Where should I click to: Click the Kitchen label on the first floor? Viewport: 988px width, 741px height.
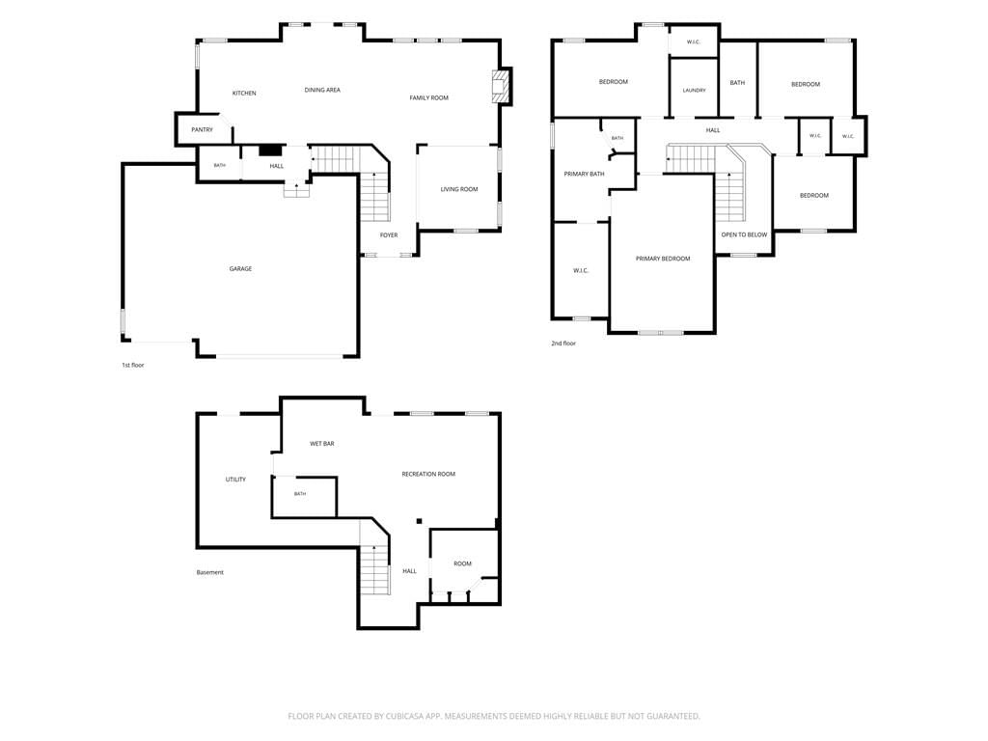(x=244, y=94)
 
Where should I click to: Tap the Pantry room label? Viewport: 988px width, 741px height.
(x=203, y=130)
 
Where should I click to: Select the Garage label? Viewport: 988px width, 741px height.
(x=240, y=269)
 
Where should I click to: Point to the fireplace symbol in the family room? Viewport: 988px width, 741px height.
(x=500, y=86)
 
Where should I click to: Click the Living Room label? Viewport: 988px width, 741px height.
(x=458, y=190)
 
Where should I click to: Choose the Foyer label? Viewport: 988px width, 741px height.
(x=389, y=235)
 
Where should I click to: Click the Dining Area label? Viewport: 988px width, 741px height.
(x=322, y=90)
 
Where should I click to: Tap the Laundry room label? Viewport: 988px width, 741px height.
(x=694, y=91)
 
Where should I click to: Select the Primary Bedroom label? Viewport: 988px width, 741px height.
(x=663, y=259)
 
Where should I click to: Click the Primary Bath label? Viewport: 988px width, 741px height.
(x=584, y=174)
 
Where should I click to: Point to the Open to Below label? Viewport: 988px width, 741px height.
(x=744, y=235)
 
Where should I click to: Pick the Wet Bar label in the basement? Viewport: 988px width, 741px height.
(x=322, y=444)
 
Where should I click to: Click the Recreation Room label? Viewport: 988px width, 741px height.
(x=428, y=475)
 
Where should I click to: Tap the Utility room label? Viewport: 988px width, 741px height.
(x=235, y=480)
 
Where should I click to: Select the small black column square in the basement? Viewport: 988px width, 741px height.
(x=419, y=521)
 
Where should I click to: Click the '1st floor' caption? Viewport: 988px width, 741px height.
(x=133, y=366)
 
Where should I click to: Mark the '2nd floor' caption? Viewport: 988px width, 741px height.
(x=563, y=343)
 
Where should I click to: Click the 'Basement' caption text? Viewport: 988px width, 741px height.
(x=209, y=573)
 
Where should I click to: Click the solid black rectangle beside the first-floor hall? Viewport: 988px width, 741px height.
(x=270, y=150)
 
